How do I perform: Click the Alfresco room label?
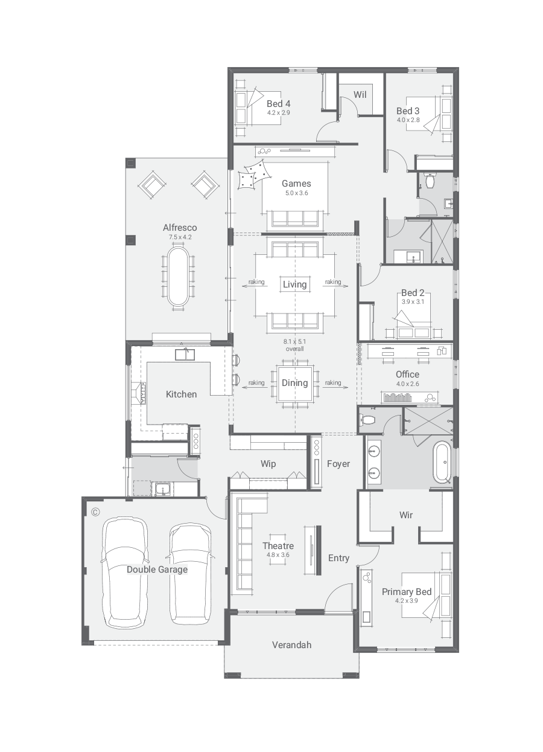[180, 228]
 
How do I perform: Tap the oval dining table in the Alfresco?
[178, 277]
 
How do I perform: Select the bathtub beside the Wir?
[442, 463]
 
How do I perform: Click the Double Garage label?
[157, 570]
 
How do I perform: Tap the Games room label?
[296, 184]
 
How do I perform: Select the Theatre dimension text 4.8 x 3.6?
[278, 554]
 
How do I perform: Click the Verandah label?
[291, 645]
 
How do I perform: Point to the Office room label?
[407, 374]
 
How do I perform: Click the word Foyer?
[338, 464]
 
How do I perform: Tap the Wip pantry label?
[268, 464]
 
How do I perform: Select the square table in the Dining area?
[295, 383]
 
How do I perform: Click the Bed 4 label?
[278, 104]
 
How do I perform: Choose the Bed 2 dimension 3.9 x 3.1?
[413, 301]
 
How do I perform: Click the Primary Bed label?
[407, 592]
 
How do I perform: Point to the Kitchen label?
[181, 394]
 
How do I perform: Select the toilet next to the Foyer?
[368, 419]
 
